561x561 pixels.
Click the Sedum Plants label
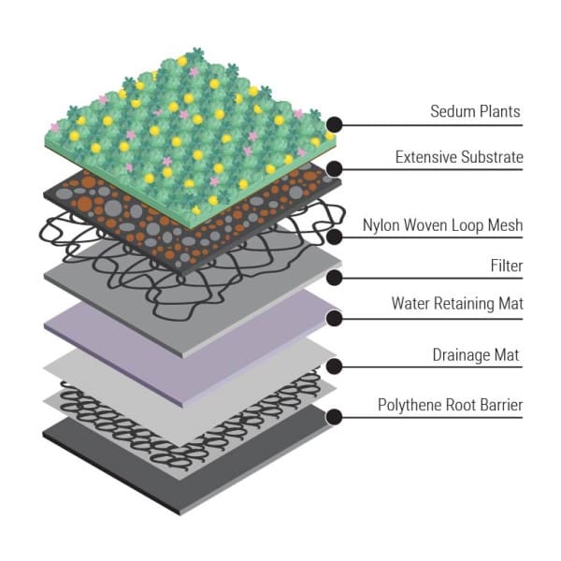473,112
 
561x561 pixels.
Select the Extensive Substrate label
459,157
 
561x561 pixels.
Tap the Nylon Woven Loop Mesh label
443,225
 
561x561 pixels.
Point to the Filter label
506,266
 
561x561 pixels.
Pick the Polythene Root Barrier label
450,405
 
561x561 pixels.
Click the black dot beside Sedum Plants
334,123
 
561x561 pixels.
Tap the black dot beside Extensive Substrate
334,169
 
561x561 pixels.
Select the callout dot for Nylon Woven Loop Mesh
334,237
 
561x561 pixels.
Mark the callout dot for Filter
334,277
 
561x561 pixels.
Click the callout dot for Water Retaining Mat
334,318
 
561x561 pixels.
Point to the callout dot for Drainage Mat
334,368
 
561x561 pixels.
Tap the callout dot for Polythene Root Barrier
334,416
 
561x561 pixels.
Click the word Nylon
383,225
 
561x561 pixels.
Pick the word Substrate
490,157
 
